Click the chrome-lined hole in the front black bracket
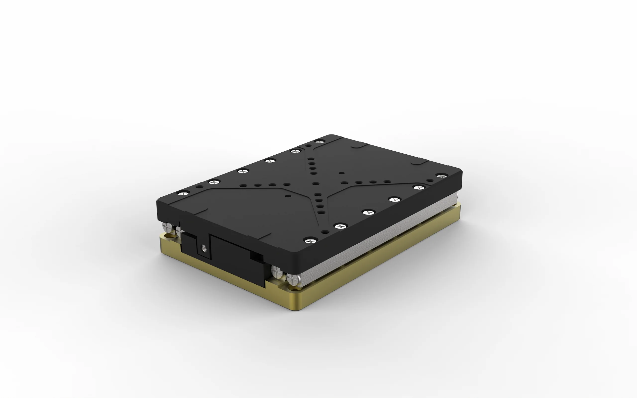204,248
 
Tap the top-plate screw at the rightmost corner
442,176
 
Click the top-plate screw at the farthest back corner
319,142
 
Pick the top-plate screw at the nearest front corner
311,241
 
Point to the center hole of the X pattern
316,183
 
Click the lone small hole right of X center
342,173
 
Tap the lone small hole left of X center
288,196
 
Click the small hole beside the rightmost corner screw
430,180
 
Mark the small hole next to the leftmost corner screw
199,187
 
